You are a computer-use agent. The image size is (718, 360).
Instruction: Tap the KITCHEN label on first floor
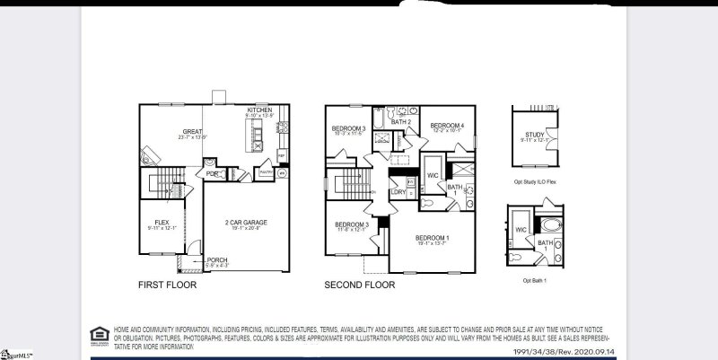pos(259,110)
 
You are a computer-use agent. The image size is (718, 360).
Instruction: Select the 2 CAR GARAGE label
pos(245,222)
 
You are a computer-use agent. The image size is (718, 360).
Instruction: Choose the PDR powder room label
pos(212,173)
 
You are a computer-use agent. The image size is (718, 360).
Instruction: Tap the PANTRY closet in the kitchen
pos(266,171)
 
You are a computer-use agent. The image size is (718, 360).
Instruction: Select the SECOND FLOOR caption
pos(359,285)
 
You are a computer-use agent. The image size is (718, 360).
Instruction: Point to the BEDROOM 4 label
pos(446,126)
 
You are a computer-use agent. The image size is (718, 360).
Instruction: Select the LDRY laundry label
pos(398,191)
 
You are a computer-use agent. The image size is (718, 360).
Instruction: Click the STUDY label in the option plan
pos(533,136)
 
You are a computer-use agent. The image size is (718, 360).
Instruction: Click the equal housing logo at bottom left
pos(97,336)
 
